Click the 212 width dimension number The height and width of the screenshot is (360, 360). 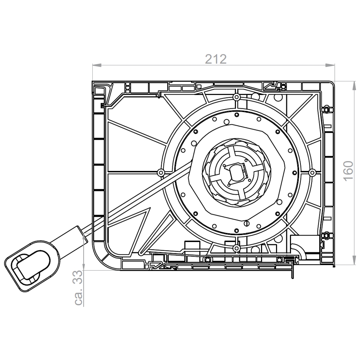[216, 59]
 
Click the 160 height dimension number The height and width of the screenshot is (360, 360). [348, 171]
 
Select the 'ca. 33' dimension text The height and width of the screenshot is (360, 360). [78, 288]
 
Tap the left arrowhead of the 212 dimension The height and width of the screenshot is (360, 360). [97, 65]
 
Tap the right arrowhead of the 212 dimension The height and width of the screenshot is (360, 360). [330, 65]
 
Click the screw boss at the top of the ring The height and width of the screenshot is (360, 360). [236, 97]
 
